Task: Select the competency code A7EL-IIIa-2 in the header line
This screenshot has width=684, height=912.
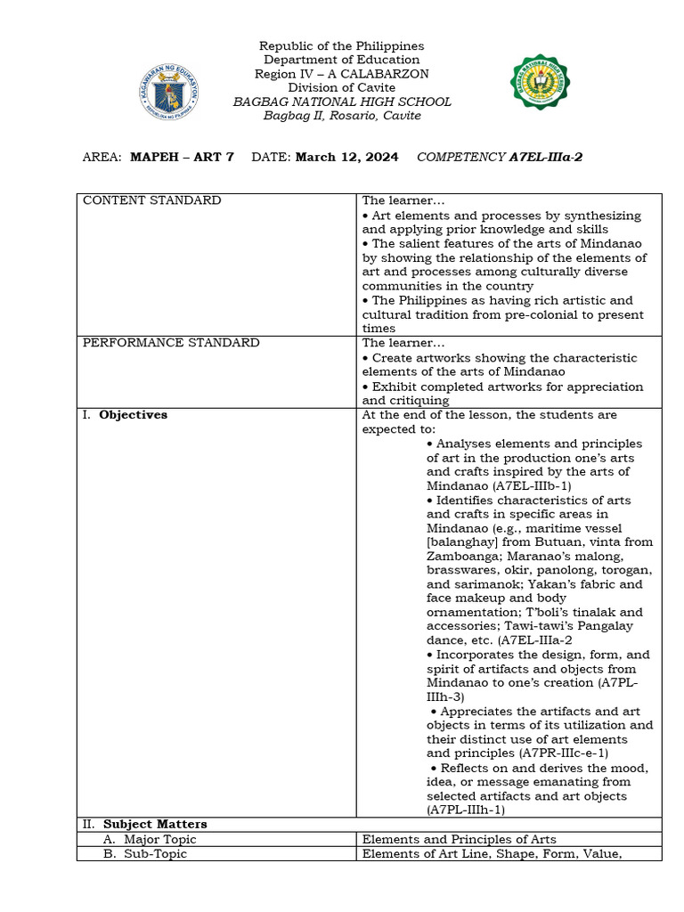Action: pyautogui.click(x=546, y=157)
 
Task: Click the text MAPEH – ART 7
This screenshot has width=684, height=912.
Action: pyautogui.click(x=182, y=157)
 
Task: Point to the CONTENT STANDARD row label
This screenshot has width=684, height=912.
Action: pyautogui.click(x=151, y=200)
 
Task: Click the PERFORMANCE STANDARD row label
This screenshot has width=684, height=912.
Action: pyautogui.click(x=171, y=343)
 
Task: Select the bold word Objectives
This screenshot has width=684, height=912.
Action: pyautogui.click(x=133, y=415)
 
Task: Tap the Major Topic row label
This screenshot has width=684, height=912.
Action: pyautogui.click(x=159, y=839)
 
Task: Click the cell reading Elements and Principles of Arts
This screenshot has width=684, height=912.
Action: pyautogui.click(x=459, y=839)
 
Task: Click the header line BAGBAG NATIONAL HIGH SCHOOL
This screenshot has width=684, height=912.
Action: pyautogui.click(x=342, y=102)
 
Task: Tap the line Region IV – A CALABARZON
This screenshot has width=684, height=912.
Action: pyautogui.click(x=342, y=74)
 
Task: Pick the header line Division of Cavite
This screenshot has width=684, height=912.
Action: pyautogui.click(x=342, y=87)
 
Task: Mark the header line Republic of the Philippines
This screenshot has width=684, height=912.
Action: pyautogui.click(x=342, y=45)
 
